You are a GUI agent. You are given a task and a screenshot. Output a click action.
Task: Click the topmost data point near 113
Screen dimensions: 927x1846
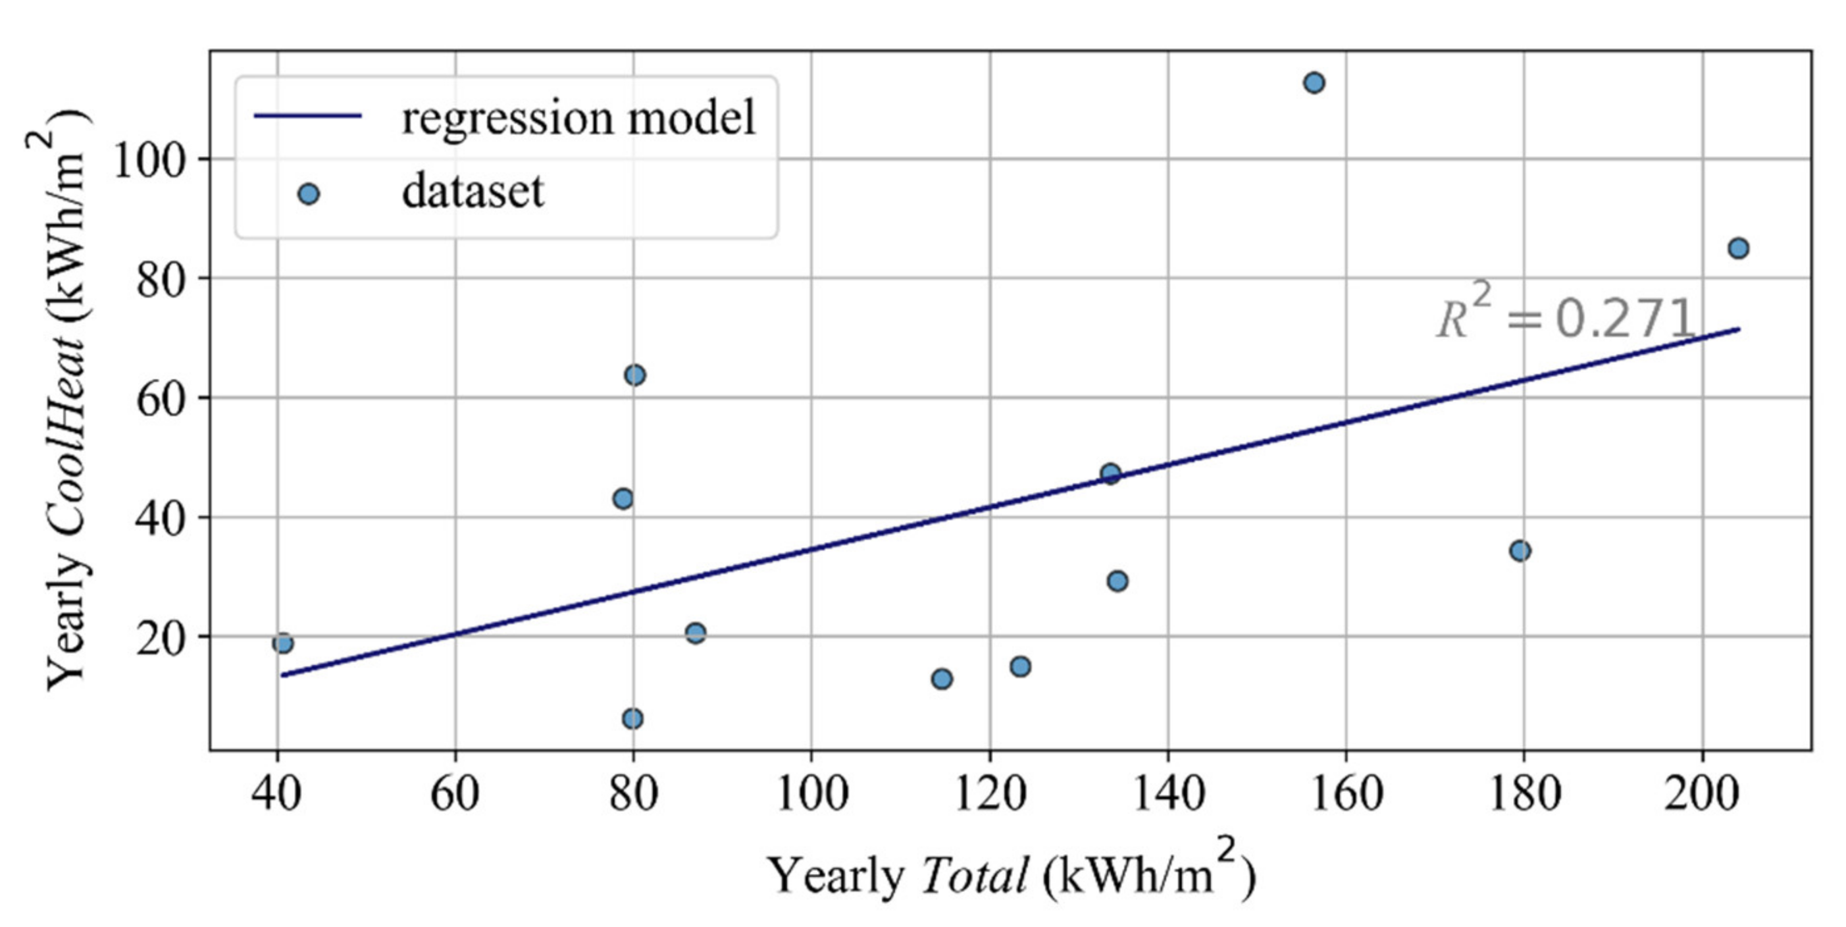[x=1314, y=82]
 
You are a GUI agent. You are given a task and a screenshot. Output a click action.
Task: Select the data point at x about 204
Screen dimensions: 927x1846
[x=1739, y=248]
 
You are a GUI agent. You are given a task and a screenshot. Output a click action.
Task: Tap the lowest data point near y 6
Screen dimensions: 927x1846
[x=632, y=718]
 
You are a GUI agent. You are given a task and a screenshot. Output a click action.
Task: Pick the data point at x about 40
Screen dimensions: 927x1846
[x=283, y=643]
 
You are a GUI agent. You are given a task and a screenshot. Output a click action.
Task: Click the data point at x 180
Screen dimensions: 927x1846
[x=1520, y=550]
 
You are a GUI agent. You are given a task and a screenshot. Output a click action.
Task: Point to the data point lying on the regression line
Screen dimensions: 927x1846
[x=1110, y=473]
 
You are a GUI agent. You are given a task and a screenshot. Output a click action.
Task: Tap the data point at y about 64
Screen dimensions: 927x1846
[x=634, y=375]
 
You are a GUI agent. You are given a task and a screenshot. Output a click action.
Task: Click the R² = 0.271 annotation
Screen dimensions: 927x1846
[x=1565, y=317]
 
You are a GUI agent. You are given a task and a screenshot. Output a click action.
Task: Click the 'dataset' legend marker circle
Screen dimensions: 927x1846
[x=308, y=194]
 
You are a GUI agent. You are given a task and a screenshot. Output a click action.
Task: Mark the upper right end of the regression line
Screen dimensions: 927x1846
[x=1739, y=329]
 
